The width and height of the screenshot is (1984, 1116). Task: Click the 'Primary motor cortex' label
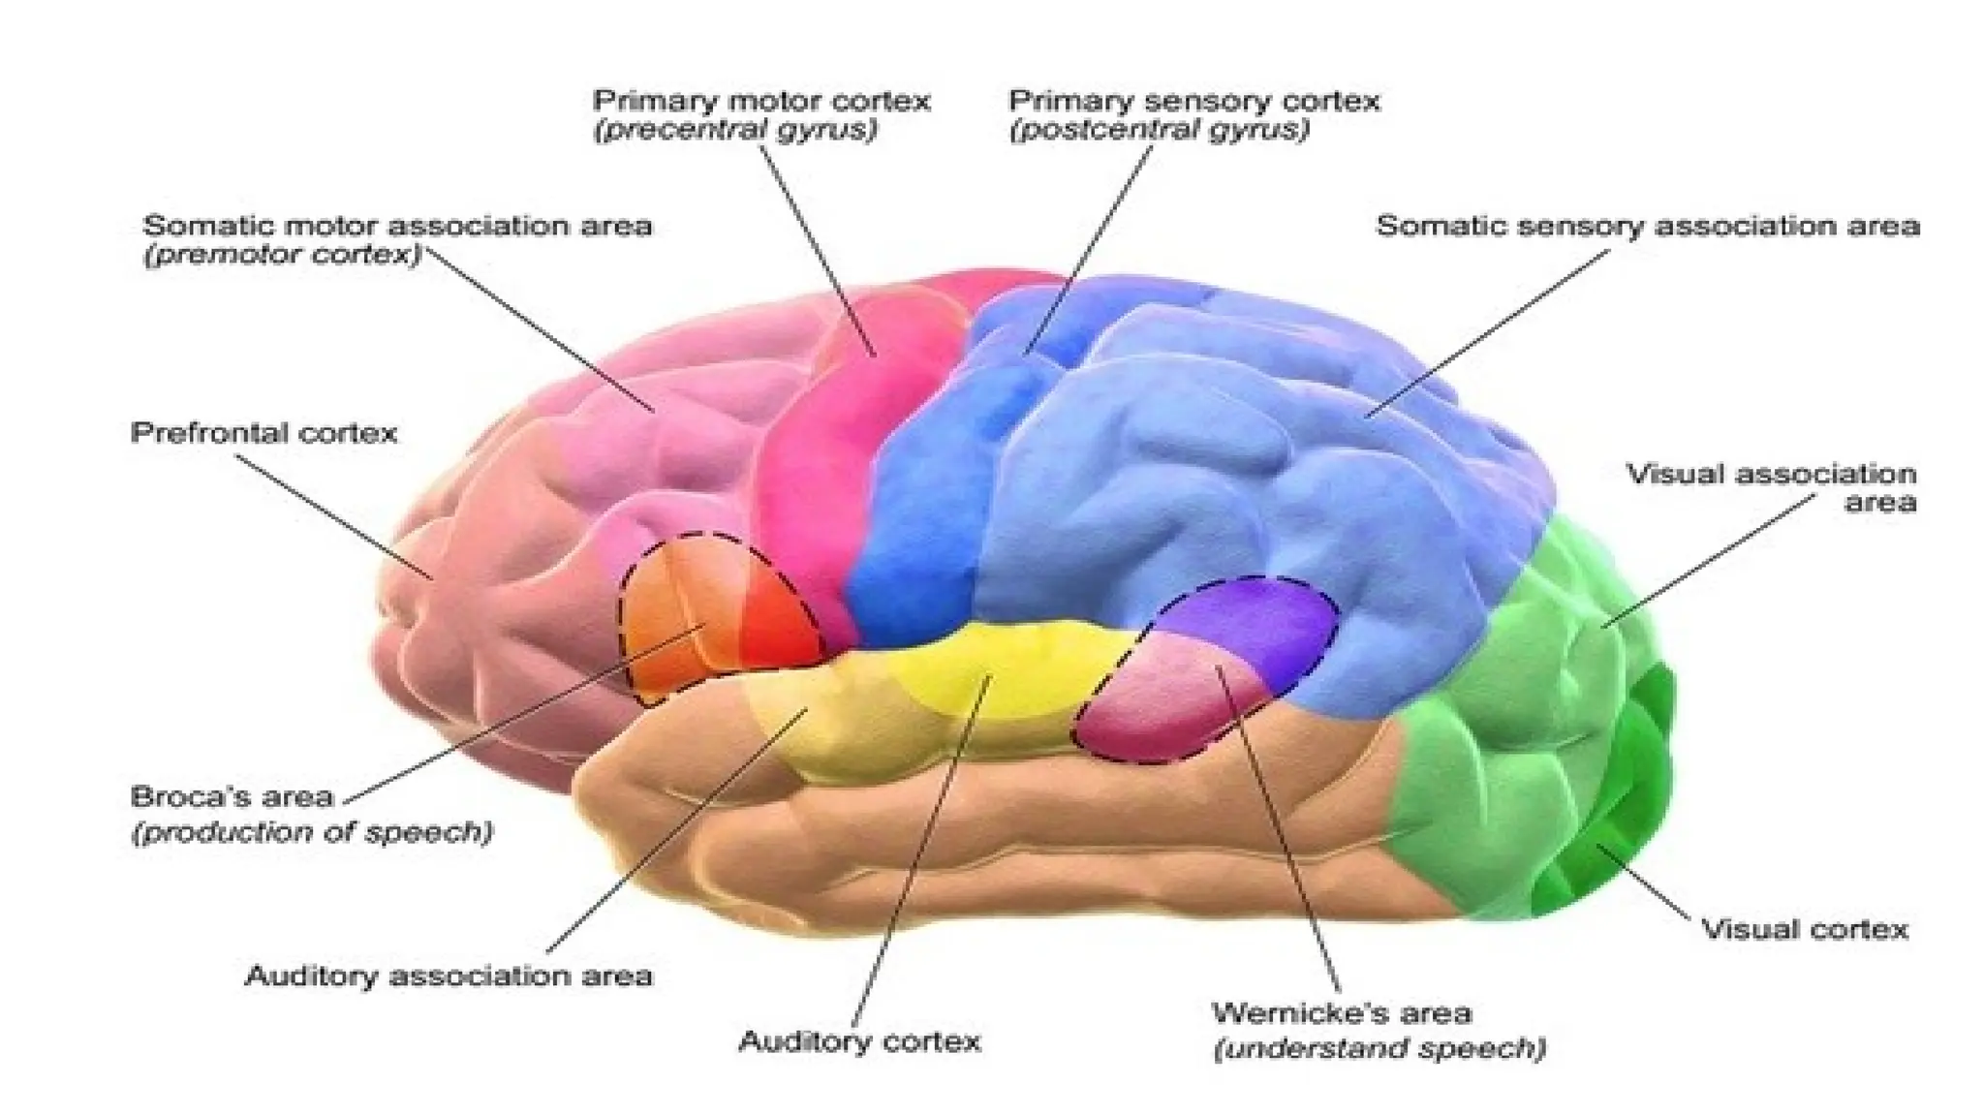[761, 101]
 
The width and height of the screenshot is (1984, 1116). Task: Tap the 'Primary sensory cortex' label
[1193, 101]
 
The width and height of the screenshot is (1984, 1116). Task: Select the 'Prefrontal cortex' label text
[263, 432]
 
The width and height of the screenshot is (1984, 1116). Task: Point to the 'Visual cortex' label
[1805, 930]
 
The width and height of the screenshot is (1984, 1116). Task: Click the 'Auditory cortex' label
[859, 1042]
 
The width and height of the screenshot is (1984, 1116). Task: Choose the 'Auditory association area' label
[449, 976]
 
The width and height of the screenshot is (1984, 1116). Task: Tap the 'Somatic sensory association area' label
[1648, 227]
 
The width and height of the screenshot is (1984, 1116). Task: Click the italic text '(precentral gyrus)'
[734, 130]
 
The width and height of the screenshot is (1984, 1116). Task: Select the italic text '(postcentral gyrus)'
[1159, 130]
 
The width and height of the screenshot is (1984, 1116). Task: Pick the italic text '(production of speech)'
[312, 832]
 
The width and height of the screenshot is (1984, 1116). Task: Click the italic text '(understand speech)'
[1379, 1048]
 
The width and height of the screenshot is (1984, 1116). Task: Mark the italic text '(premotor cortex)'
[283, 256]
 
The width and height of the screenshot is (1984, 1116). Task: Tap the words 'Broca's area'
[232, 797]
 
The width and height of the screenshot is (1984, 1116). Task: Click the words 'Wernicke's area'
[1342, 1013]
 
